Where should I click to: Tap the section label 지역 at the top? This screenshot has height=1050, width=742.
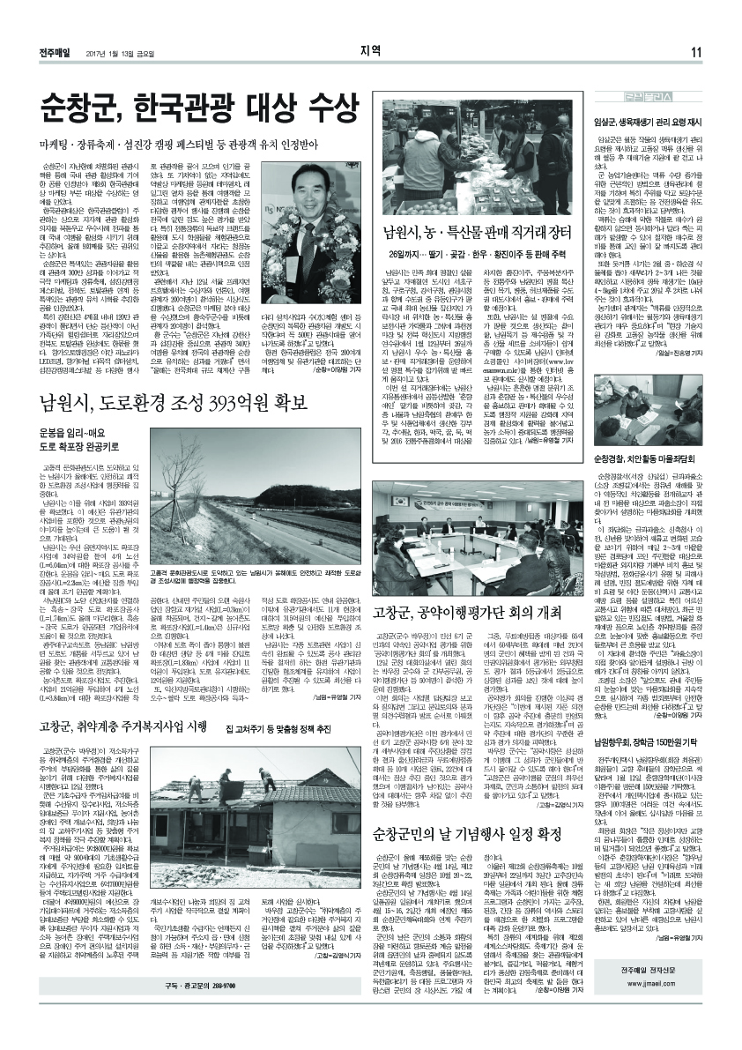click(x=370, y=49)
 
